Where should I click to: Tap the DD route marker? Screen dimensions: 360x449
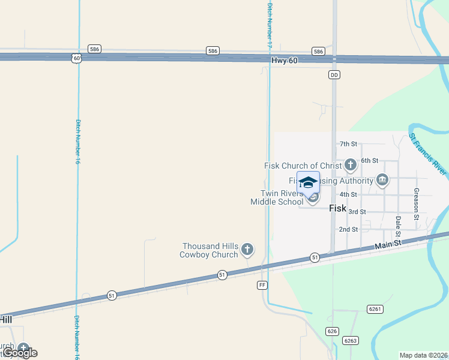pos(334,75)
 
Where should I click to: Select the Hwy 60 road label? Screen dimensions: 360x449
pos(284,60)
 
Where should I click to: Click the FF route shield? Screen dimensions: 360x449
pos(262,284)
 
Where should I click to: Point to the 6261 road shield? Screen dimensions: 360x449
pos(375,308)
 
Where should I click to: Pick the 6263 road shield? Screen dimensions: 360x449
pos(350,340)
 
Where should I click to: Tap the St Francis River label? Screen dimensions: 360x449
pos(428,154)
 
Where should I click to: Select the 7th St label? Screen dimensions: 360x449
pos(348,144)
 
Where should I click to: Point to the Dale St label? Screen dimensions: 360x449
pos(397,227)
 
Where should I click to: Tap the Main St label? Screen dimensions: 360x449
pos(387,245)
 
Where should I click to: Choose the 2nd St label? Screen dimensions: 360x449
pos(348,229)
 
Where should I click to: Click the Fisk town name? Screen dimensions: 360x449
pos(338,208)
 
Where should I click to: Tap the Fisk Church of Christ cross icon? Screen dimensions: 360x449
pos(351,165)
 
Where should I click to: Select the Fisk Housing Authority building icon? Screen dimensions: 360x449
pos(382,180)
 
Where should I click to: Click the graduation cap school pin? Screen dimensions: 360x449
pos(308,182)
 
